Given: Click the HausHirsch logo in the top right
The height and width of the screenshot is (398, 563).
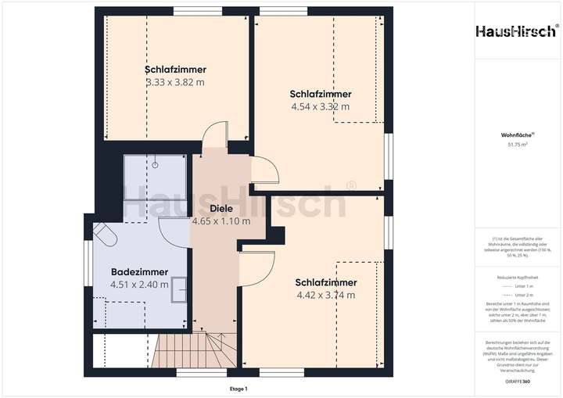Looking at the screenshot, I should point(517,31).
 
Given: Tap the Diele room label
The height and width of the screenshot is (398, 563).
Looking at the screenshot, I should point(221,209).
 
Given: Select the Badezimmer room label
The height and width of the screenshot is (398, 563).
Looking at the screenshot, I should point(139,272).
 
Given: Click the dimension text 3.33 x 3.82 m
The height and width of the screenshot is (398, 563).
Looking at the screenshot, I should point(175,81).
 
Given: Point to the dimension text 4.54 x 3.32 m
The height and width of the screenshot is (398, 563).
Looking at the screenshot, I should point(320,106).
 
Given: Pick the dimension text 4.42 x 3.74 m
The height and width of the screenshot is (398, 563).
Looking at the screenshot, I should point(326,295).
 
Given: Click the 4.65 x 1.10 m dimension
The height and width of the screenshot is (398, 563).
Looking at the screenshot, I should point(221,221).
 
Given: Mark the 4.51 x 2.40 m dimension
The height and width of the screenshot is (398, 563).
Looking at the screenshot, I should point(139,285).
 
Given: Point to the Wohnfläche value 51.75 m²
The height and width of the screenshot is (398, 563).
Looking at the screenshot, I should point(517,145).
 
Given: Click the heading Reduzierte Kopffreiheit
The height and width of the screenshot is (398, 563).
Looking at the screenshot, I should point(517,278).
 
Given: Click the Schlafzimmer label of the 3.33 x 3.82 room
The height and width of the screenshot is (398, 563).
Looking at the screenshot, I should point(175,70).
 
